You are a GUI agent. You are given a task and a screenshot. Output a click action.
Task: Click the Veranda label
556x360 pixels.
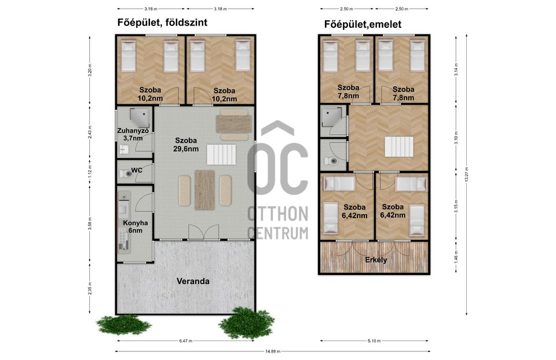coord(193,281)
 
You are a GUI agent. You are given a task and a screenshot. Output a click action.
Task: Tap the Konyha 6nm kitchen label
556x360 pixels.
coord(136,227)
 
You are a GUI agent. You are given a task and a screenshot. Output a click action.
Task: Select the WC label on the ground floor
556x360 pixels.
coord(137,170)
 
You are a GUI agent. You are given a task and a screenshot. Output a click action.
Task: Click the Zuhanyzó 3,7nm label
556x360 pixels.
coord(133,134)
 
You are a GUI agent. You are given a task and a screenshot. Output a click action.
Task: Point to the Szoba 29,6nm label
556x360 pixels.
coord(186,145)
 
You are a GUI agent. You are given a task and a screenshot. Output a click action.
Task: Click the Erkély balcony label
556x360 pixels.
coord(376,260)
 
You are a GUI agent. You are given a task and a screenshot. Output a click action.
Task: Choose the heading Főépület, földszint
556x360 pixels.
coord(162,23)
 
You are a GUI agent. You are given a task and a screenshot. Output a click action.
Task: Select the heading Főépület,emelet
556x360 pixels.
coord(363,24)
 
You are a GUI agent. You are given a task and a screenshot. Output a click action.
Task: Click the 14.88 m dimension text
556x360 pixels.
coord(273,351)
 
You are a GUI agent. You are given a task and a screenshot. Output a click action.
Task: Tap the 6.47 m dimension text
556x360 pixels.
coord(186,341)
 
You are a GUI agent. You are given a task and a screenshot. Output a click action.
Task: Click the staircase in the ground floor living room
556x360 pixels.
coord(221,155)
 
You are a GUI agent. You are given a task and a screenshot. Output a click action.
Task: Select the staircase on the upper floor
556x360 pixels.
coord(399,146)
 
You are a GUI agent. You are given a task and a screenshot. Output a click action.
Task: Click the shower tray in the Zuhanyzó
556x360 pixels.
coord(140,118)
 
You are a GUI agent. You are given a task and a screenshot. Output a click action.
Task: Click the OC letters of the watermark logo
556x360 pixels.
coord(277,168)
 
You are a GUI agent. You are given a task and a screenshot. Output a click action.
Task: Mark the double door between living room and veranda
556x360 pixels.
coord(203,233)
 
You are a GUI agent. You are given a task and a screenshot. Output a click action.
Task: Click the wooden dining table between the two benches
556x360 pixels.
coord(204,190)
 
